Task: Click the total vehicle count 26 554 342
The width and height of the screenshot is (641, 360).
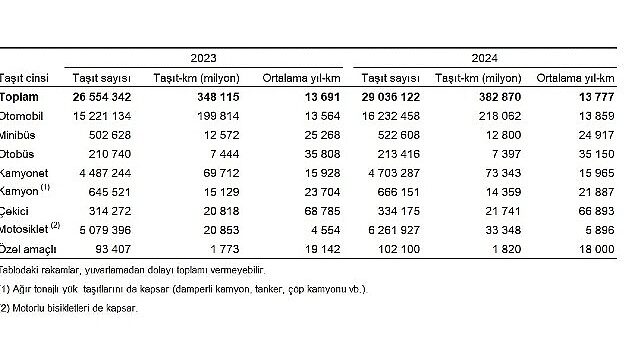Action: (96, 96)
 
